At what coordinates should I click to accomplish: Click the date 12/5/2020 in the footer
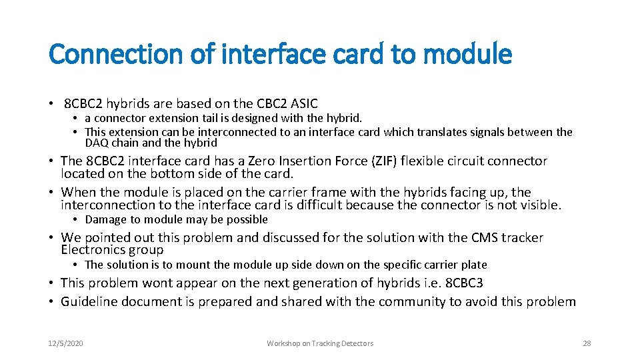(65, 343)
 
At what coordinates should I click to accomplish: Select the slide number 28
(587, 343)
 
